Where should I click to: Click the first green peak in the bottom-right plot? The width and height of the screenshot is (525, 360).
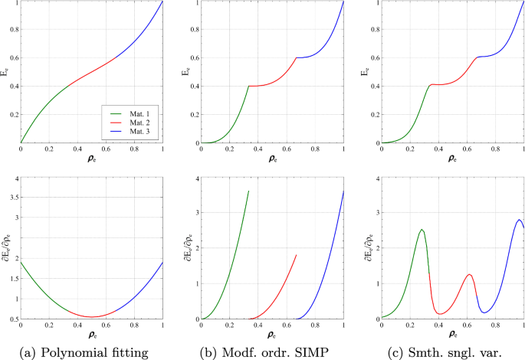tap(422, 229)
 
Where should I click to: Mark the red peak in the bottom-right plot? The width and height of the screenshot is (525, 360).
tap(468, 274)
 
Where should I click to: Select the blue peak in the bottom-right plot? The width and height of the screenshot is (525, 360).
tap(519, 220)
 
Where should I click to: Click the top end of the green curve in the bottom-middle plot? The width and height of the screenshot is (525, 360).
tap(249, 191)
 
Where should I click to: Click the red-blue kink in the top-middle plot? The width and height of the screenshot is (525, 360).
tap(297, 57)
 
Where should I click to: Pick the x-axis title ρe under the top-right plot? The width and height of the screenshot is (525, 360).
tap(452, 160)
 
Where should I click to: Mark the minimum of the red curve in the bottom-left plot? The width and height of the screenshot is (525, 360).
tap(92, 316)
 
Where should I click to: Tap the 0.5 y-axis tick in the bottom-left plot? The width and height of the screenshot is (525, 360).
tap(12, 319)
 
